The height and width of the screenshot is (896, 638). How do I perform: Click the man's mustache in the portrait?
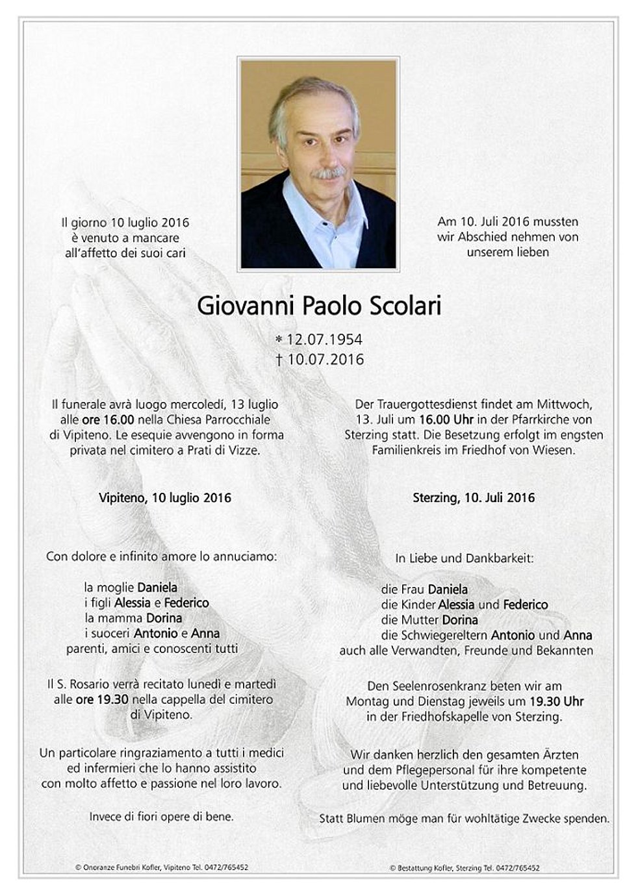point(328,173)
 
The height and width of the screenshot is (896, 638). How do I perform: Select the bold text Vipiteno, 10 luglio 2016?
point(165,498)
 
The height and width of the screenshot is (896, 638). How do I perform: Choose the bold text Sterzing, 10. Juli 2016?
point(474,498)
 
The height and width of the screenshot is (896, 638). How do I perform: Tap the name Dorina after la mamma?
point(164,618)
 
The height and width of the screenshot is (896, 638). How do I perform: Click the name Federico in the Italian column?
point(186,603)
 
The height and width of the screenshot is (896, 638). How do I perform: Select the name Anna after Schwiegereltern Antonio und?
point(578,635)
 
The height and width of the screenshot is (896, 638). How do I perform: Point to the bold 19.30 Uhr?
point(556,701)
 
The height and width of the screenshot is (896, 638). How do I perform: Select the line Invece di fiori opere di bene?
point(162,817)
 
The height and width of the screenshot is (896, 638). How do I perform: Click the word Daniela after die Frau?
point(448,590)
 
